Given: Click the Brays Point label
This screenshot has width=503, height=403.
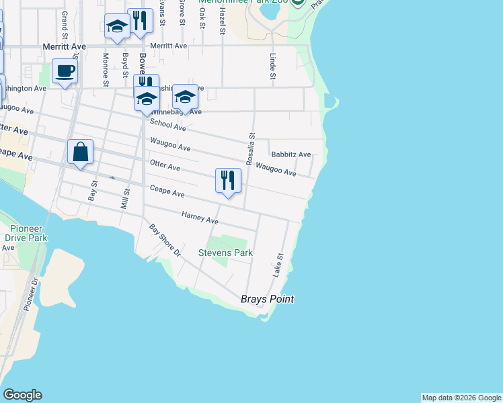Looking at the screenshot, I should point(267,300).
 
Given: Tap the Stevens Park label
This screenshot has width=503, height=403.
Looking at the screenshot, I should point(225,253).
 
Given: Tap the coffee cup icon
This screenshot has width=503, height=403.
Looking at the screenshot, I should point(65,71).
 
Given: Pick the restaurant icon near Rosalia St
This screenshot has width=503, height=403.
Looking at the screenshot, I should point(228,180).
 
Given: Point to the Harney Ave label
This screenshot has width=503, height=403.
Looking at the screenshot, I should point(200,218).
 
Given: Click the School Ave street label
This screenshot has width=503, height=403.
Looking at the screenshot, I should point(167,124).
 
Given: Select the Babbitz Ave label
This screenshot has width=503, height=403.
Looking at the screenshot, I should point(291,154).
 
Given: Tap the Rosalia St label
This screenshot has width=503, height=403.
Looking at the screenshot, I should point(249,148).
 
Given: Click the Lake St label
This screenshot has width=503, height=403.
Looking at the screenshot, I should point(278,265).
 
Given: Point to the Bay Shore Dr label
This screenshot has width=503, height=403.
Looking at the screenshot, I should point(165,240).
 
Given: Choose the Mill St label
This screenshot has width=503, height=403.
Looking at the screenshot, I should point(124,199).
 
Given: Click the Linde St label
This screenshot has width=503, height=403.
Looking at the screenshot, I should point(273,67).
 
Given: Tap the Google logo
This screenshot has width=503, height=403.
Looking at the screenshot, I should point(22,395).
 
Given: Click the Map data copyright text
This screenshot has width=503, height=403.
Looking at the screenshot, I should point(461,398).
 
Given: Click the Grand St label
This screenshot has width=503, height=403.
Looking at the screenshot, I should point(65,24).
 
